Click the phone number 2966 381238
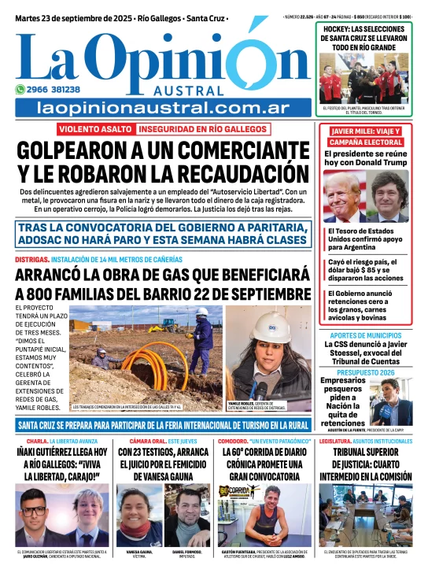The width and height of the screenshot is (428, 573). pyautogui.click(x=53, y=90)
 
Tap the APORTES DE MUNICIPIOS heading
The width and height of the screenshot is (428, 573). pyautogui.click(x=367, y=335)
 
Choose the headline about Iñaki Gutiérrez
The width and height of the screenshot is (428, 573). pyautogui.click(x=61, y=464)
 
